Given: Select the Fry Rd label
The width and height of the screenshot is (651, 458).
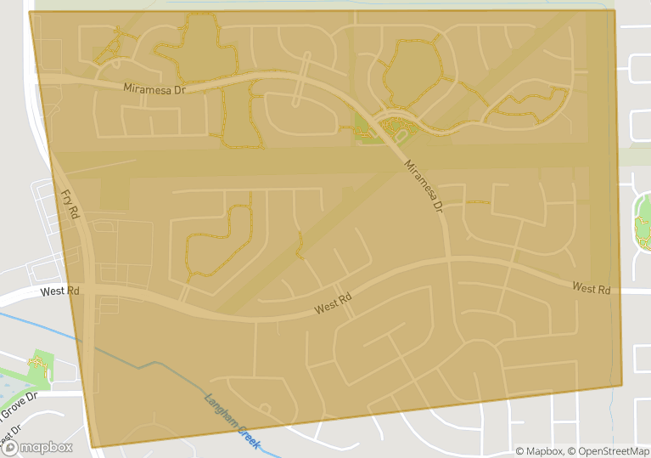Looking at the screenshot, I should pyautogui.click(x=70, y=204).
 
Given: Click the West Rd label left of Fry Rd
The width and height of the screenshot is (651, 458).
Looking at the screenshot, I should pyautogui.click(x=59, y=291).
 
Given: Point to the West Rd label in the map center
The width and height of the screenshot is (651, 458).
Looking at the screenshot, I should pyautogui.click(x=333, y=304).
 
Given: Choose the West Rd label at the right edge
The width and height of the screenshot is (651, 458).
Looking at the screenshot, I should pyautogui.click(x=591, y=289).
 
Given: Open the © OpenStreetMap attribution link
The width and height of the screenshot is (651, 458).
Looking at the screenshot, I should pyautogui.click(x=609, y=451).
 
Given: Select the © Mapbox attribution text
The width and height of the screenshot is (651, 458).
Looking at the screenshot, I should pyautogui.click(x=540, y=451).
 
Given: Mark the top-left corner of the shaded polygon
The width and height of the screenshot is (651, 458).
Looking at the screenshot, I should pyautogui.click(x=30, y=12).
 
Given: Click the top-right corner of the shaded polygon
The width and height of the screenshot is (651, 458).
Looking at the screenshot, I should pyautogui.click(x=614, y=10).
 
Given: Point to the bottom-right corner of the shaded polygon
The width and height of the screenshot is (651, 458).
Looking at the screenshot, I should pyautogui.click(x=622, y=385).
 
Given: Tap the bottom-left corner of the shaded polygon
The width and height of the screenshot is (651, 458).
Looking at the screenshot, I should pyautogui.click(x=91, y=447).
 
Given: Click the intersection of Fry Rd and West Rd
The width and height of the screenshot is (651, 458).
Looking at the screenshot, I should pyautogui.click(x=89, y=291).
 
